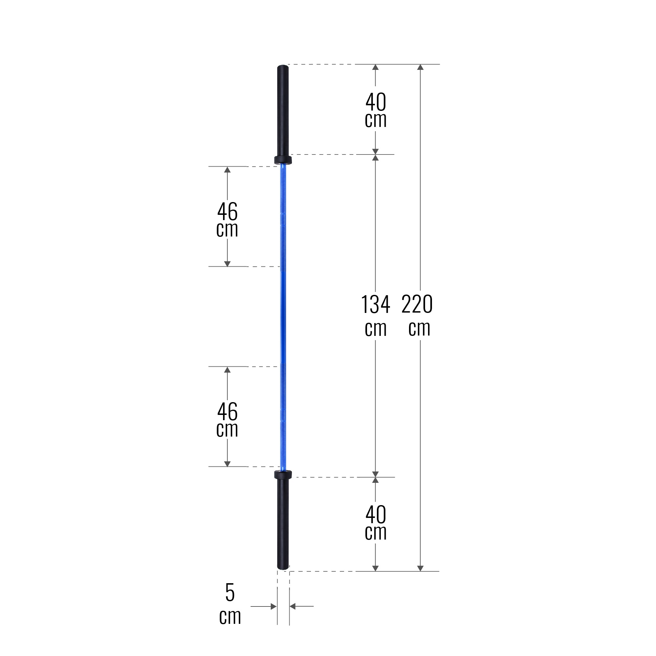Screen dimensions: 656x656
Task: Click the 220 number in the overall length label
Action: pyautogui.click(x=417, y=304)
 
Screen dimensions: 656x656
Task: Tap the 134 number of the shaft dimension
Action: pyautogui.click(x=375, y=305)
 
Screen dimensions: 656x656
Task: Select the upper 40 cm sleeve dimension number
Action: pyautogui.click(x=376, y=102)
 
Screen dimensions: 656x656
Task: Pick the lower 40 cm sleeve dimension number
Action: pyautogui.click(x=376, y=515)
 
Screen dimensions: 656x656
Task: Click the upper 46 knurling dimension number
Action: pyautogui.click(x=227, y=212)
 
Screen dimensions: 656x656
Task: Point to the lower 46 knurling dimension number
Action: pyautogui.click(x=227, y=412)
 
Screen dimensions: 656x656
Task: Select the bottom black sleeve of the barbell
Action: pyautogui.click(x=283, y=523)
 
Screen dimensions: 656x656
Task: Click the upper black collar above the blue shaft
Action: pyautogui.click(x=283, y=160)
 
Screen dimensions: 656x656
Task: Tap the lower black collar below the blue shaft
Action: pyautogui.click(x=283, y=474)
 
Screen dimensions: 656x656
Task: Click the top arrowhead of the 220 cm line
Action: pyautogui.click(x=420, y=67)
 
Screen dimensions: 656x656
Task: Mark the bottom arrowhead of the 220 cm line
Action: pyautogui.click(x=420, y=568)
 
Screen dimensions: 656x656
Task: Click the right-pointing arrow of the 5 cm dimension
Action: pyautogui.click(x=273, y=606)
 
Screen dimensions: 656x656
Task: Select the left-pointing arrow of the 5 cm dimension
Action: pyautogui.click(x=293, y=606)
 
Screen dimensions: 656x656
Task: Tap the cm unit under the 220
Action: pyautogui.click(x=419, y=328)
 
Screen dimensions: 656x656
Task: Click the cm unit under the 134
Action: pyautogui.click(x=376, y=329)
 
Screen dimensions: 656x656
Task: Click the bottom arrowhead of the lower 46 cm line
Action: pyautogui.click(x=227, y=464)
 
